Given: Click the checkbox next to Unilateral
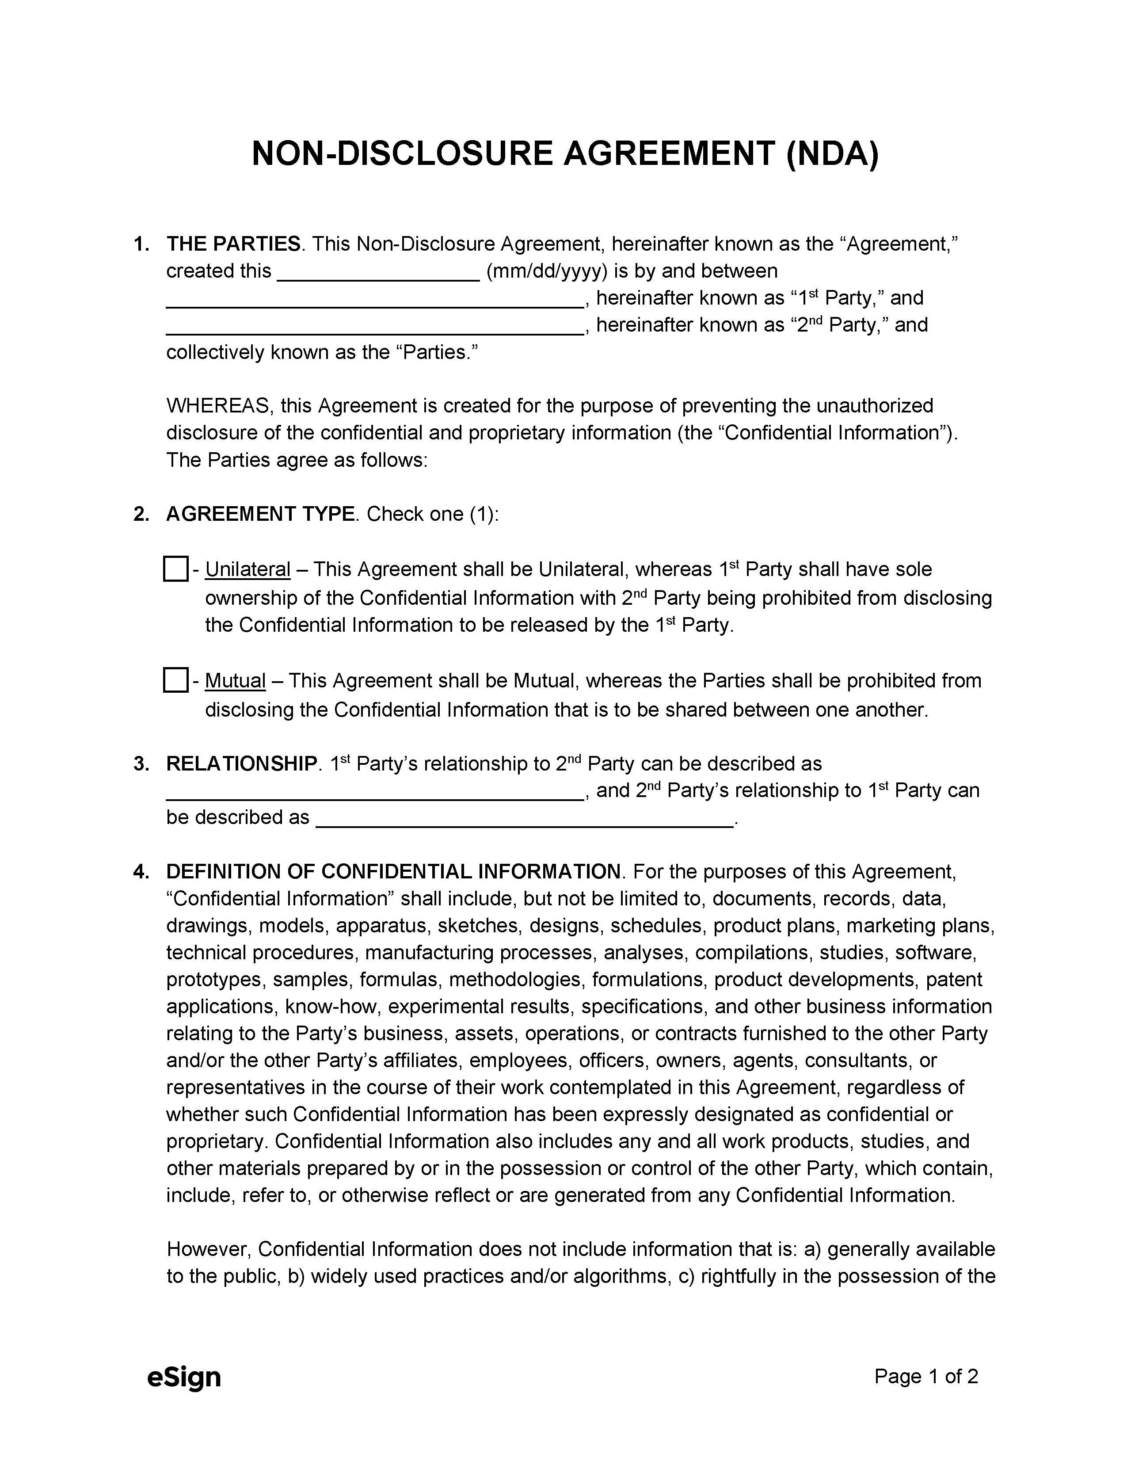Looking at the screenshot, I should click(x=175, y=569).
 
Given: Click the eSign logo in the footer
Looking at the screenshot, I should click(x=183, y=1377).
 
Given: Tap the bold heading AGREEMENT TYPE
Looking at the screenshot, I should click(x=260, y=514).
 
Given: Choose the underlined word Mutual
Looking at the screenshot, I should click(x=235, y=681).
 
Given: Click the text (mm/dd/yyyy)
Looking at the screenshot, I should click(x=547, y=271).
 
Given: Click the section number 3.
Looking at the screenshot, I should click(x=141, y=763).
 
